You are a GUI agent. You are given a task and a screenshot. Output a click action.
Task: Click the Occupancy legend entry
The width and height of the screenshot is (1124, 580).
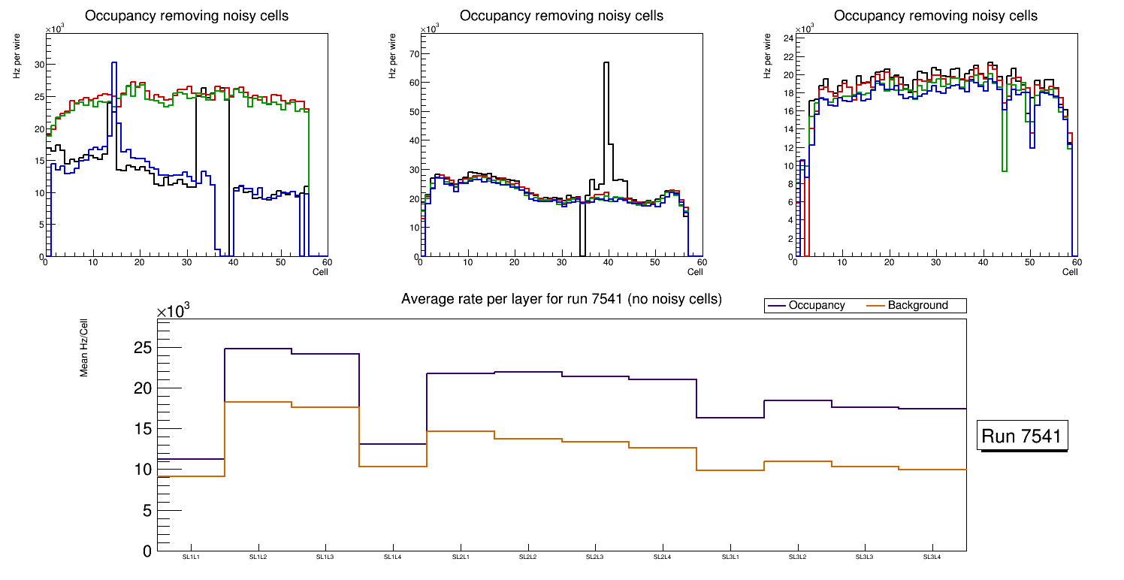pos(816,306)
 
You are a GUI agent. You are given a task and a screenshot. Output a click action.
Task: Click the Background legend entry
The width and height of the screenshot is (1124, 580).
pos(917,306)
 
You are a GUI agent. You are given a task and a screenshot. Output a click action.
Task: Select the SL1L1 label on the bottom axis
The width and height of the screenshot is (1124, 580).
pos(191,557)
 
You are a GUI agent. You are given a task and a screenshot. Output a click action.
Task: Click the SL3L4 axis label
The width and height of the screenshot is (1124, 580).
pos(932,557)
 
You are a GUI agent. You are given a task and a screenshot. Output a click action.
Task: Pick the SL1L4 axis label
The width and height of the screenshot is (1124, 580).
pos(393,557)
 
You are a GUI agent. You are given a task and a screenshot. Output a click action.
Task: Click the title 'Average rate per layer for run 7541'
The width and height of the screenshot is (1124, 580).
pos(561,299)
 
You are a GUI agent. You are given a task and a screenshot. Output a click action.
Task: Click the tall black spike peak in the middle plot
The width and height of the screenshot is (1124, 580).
pos(606,63)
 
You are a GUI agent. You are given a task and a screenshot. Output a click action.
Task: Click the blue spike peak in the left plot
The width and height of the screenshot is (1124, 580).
pos(113,63)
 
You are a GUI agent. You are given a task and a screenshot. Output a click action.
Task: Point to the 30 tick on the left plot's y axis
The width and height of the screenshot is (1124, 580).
pos(40,65)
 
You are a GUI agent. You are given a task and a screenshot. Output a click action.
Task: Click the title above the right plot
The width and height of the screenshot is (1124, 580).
pos(935,16)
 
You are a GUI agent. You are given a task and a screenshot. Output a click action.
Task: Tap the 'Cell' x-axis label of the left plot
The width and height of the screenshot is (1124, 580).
pos(321,272)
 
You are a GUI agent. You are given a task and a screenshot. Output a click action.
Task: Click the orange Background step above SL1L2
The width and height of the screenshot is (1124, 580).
pos(258,403)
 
